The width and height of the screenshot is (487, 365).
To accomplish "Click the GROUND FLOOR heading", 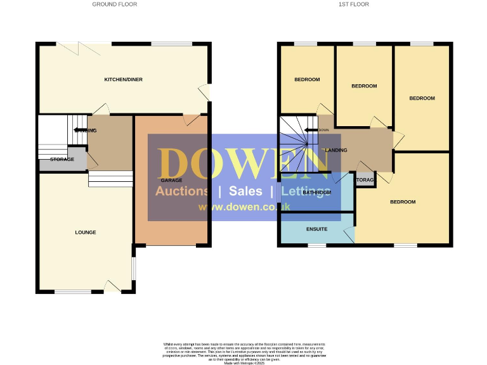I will point(114,4).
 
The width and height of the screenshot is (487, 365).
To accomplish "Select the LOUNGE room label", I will point(86,233).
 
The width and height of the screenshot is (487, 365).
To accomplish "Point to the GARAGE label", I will point(167,181).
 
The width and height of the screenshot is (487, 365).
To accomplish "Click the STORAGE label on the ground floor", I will point(62,160).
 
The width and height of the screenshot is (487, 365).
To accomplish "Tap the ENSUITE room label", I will point(316,229).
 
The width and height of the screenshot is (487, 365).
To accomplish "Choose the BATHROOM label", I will point(316,193).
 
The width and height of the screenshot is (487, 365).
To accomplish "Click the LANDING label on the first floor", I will point(336,150).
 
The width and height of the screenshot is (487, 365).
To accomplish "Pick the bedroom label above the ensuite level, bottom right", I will point(403,202).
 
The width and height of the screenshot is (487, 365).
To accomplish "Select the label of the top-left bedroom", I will point(307,80).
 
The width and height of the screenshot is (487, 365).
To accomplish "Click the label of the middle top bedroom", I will point(364,86).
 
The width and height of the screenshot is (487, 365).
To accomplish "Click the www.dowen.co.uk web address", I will point(244,207).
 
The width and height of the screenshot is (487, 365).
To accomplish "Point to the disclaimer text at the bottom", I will point(243,352).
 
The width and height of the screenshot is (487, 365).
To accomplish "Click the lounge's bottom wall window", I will point(68,291).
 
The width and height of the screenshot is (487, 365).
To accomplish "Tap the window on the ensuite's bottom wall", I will point(317,245).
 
